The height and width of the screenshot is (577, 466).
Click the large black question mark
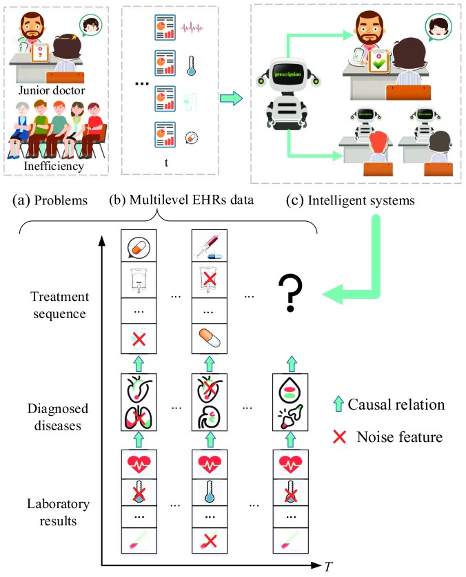point(290,293)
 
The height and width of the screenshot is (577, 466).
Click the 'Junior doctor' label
point(52,90)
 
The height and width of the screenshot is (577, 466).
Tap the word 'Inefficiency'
point(54,166)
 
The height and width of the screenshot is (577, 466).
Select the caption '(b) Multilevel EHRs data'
point(181,200)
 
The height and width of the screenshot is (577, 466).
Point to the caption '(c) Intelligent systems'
point(350,200)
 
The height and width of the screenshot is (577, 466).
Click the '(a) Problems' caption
point(50,200)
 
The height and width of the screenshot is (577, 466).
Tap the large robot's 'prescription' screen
point(287,74)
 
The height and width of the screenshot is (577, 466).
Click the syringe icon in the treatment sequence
point(210,245)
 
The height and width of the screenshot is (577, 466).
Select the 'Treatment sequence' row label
point(59,305)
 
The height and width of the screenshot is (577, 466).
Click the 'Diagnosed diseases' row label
point(58,417)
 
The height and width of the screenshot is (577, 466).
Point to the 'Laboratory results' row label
point(58,512)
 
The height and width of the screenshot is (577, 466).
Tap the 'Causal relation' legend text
point(396,404)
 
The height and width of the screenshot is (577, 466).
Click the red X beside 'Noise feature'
point(339,437)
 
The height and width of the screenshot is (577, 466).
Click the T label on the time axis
point(328,567)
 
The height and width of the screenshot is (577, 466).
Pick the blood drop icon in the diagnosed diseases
point(290,390)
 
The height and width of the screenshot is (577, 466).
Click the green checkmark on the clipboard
point(379,65)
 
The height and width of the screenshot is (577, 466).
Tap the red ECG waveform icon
point(192,28)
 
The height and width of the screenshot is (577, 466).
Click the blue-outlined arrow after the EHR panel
point(232,98)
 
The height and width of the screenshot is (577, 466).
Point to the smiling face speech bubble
point(438,28)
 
